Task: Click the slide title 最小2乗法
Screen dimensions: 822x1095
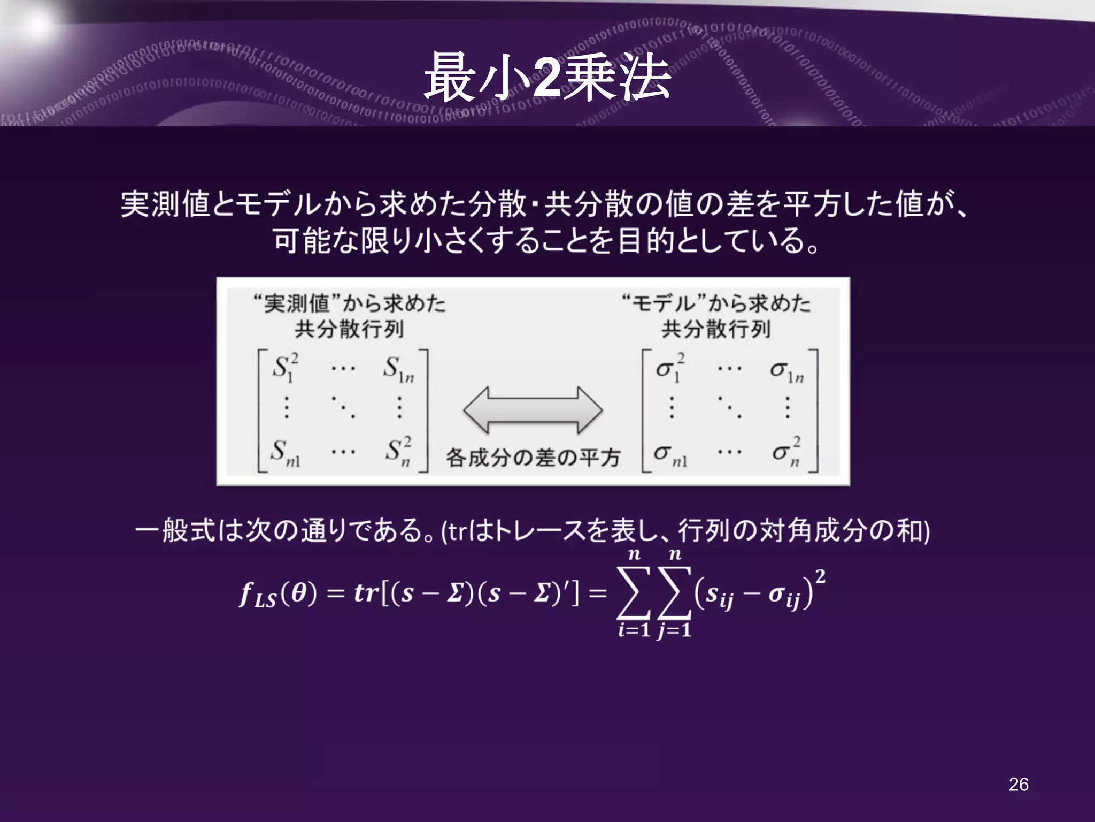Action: coord(547,78)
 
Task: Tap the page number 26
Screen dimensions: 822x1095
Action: coord(1018,784)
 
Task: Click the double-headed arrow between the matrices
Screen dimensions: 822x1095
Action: coord(533,410)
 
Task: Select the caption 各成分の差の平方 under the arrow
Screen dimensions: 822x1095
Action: coord(533,457)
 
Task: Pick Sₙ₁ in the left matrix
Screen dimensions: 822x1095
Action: coord(284,453)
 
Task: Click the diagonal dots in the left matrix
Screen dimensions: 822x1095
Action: coord(343,408)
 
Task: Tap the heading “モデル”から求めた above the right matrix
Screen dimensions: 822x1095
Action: coord(716,303)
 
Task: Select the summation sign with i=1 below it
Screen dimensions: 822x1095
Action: coord(634,593)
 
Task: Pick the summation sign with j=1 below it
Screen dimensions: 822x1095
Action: coord(675,593)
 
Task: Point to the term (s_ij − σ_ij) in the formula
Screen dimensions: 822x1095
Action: coord(754,594)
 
